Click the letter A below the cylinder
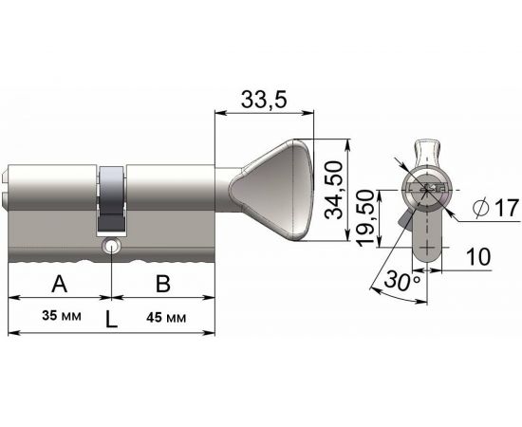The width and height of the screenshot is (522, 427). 59,283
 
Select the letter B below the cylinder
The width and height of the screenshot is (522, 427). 162,283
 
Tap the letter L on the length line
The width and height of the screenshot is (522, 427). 111,320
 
